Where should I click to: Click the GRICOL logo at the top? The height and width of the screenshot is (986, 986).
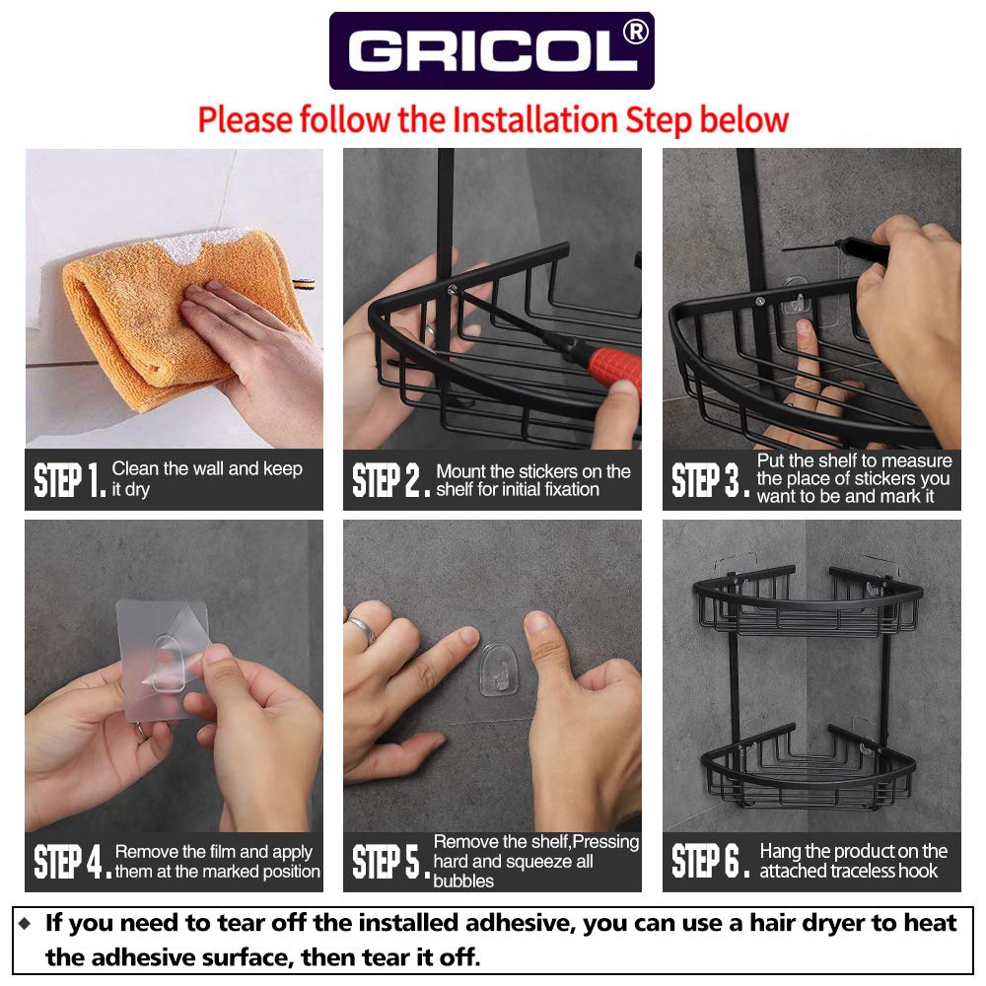click(x=491, y=51)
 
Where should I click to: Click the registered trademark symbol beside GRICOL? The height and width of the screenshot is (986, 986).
click(x=636, y=33)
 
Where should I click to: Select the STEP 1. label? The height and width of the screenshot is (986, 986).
click(x=69, y=481)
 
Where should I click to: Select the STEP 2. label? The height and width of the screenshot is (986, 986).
click(x=390, y=481)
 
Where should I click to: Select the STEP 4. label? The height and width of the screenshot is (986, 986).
click(x=72, y=862)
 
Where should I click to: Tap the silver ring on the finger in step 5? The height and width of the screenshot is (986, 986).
click(x=362, y=629)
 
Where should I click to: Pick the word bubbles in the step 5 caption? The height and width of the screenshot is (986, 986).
click(x=463, y=880)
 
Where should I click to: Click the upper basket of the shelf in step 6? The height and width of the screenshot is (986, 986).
click(x=809, y=601)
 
